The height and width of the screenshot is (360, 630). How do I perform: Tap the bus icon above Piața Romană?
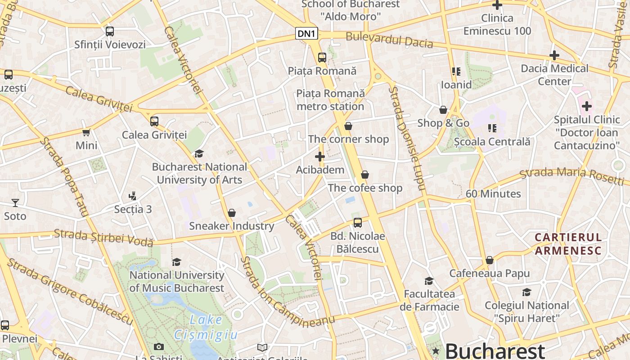tap(322, 58)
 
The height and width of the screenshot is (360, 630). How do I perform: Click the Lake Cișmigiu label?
tap(206, 327)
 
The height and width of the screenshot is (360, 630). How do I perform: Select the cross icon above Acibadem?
tap(320, 157)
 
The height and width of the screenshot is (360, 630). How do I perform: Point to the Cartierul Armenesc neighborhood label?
tap(568, 243)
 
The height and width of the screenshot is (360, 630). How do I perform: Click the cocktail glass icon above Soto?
tap(15, 203)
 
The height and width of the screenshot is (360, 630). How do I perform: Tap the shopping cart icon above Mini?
tap(86, 132)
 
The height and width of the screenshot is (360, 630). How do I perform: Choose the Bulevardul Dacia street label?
tap(389, 40)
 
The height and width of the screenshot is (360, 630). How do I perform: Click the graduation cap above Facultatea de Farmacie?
tap(429, 281)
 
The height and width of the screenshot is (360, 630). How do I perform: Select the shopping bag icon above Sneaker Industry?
tap(232, 213)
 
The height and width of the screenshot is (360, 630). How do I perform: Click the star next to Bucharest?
tap(436, 351)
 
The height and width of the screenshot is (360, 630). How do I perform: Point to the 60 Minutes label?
tap(493, 194)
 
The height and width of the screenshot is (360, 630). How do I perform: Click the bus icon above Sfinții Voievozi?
tap(110, 31)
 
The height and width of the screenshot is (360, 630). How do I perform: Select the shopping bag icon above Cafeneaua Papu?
tap(490, 260)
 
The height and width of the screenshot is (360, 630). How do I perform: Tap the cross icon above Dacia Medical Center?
tap(554, 55)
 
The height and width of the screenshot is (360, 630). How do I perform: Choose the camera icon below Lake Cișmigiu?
tap(158, 346)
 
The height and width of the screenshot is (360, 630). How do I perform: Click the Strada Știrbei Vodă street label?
tap(103, 237)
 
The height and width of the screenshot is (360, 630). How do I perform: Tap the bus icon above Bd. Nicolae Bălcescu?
tap(358, 222)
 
